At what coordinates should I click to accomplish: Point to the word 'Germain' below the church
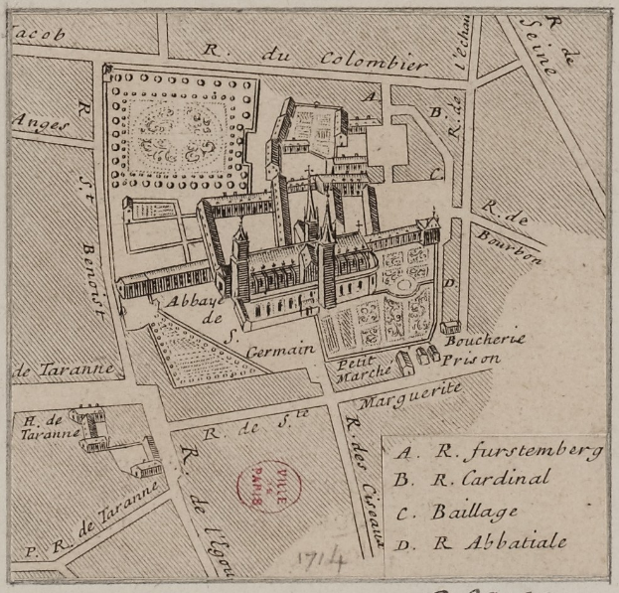283,349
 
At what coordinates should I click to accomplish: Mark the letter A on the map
369,96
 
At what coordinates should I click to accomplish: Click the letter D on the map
449,283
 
